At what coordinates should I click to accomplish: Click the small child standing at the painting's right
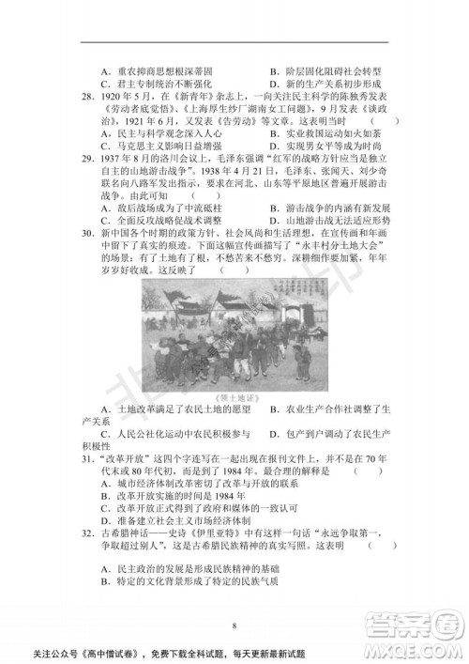click(303, 363)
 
